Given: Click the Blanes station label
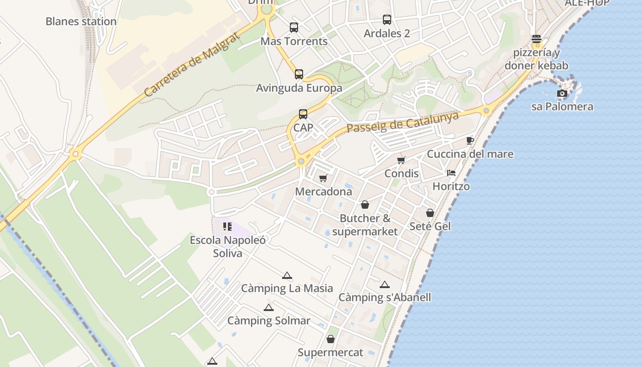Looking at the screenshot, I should [81, 22].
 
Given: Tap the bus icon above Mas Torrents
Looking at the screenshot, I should [294, 28].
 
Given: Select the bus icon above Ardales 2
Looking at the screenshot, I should [387, 20].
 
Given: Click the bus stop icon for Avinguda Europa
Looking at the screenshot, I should [299, 74].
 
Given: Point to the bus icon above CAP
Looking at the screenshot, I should [303, 114].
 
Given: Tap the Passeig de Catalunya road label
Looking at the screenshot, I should [402, 122].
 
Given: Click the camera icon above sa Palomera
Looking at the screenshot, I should [562, 94].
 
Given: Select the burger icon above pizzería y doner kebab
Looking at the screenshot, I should [537, 39].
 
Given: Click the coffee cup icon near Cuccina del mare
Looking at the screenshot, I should [470, 140].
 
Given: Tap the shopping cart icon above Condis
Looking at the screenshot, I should [401, 160].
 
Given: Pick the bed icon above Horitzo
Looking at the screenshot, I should [451, 173].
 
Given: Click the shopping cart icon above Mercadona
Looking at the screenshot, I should [323, 178].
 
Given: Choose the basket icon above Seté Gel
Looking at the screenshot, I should [430, 213].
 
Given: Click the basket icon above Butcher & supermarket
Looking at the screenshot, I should [365, 205].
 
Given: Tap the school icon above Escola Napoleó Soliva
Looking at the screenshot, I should [227, 227].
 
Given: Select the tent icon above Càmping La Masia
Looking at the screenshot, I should [287, 275].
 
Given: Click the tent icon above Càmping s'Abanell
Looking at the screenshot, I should [384, 284].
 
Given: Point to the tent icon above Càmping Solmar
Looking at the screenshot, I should [269, 307].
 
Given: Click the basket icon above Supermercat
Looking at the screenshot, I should [331, 339].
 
